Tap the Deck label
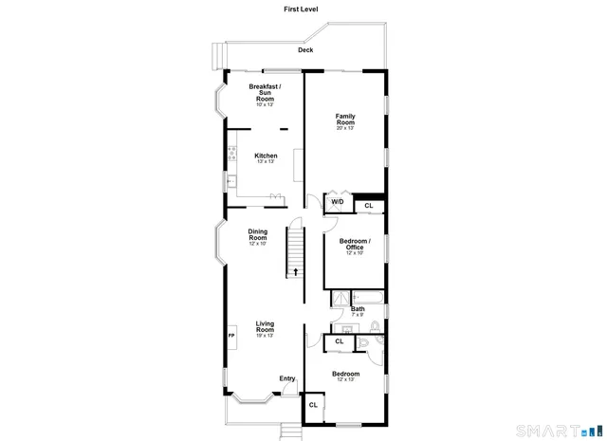point(304,50)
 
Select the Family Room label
point(345,119)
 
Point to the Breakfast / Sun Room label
point(265,92)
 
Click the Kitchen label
point(266,156)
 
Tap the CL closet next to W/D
point(368,206)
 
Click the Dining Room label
point(258,235)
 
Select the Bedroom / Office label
point(355,245)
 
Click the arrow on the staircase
point(297,271)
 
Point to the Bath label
point(358,308)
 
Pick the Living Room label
point(265,327)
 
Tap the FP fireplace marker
point(231,335)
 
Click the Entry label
point(286,379)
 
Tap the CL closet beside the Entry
point(313,405)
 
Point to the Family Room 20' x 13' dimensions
point(345,128)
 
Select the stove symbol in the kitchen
point(231,152)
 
